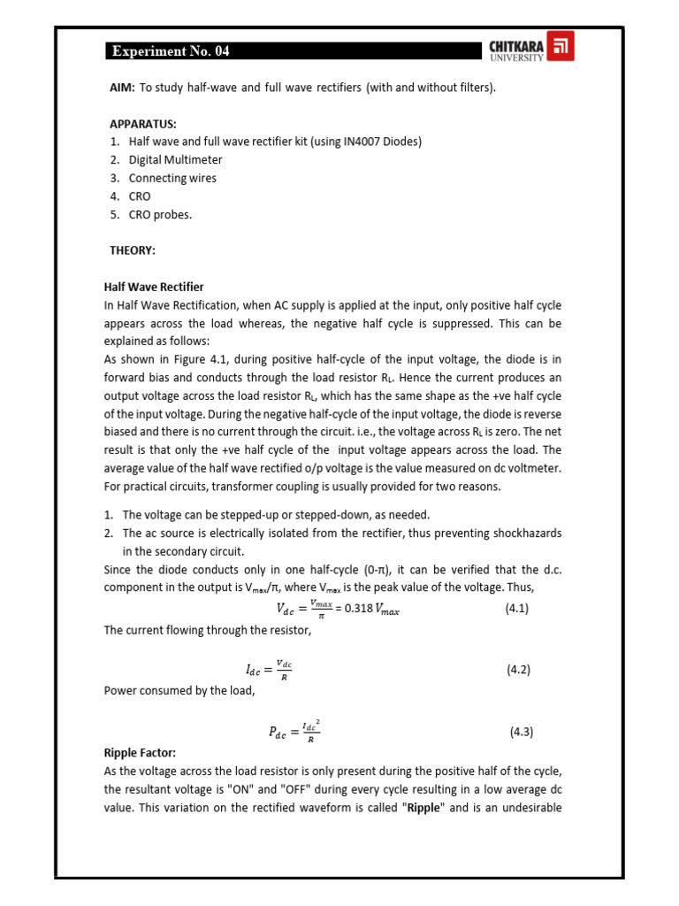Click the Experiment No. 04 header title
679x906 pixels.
tap(171, 51)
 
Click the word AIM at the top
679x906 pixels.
tap(121, 88)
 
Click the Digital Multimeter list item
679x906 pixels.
tap(175, 160)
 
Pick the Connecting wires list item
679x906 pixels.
tap(172, 178)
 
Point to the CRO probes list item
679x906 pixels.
tap(160, 214)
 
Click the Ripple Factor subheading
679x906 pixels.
tap(140, 752)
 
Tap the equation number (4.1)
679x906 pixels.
tap(517, 609)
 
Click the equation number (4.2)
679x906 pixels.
tap(518, 671)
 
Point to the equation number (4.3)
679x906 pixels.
tap(521, 732)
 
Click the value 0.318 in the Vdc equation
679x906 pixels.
tap(351, 610)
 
